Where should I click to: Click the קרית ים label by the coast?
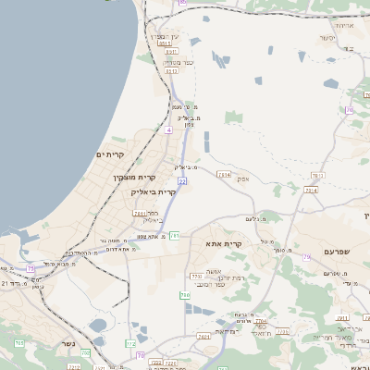pyautogui.click(x=110, y=154)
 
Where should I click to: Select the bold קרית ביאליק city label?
pyautogui.click(x=154, y=191)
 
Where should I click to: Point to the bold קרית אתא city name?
pyautogui.click(x=226, y=243)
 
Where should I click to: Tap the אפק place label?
pyautogui.click(x=242, y=179)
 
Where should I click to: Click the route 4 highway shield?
pyautogui.click(x=168, y=130)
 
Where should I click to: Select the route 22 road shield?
pyautogui.click(x=182, y=181)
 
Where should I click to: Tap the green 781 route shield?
pyautogui.click(x=316, y=175)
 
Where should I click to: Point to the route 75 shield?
pyautogui.click(x=31, y=268)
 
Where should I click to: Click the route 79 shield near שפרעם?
pyautogui.click(x=307, y=257)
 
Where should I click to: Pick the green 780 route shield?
pyautogui.click(x=185, y=295)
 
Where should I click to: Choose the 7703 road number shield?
pyautogui.click(x=195, y=276)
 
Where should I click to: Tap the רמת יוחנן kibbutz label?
pyautogui.click(x=228, y=277)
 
